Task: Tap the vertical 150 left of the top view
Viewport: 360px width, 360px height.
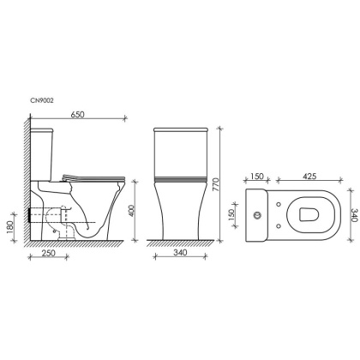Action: click(x=237, y=212)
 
